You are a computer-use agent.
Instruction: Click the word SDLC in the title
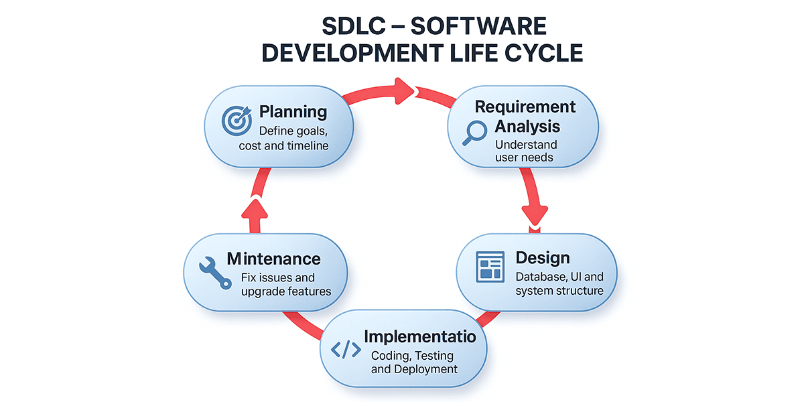[354, 26]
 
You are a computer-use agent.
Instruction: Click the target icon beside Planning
[237, 120]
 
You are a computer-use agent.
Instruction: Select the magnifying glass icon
[474, 133]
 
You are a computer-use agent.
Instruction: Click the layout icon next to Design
[490, 267]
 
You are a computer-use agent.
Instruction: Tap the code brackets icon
[346, 350]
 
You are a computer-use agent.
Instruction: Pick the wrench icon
[215, 273]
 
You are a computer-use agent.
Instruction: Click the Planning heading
[293, 112]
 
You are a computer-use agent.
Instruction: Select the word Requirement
[525, 107]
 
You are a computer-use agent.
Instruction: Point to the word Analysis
[527, 127]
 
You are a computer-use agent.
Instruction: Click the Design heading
[543, 258]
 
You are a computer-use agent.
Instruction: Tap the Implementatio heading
[420, 336]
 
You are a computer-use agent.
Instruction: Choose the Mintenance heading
[273, 259]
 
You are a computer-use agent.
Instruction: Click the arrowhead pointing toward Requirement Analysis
[405, 91]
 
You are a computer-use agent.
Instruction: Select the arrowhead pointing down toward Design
[535, 215]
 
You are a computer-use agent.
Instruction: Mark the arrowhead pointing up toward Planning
[255, 208]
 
